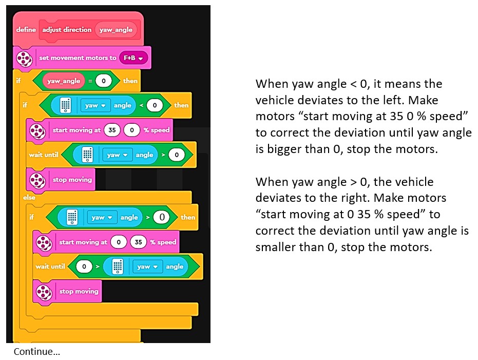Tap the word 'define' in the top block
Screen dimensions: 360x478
(x=26, y=30)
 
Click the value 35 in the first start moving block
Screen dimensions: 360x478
(x=111, y=130)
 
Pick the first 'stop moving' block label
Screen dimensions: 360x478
(x=72, y=180)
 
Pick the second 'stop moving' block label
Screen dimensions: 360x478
(x=79, y=291)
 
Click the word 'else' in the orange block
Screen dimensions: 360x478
(x=30, y=197)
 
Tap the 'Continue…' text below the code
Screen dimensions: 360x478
(x=37, y=352)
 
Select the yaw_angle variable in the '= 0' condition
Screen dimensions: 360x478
(x=64, y=81)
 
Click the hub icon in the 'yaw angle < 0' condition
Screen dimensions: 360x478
(x=65, y=105)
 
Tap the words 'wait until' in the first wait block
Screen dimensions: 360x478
(x=43, y=155)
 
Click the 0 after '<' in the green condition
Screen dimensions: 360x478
(x=154, y=105)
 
